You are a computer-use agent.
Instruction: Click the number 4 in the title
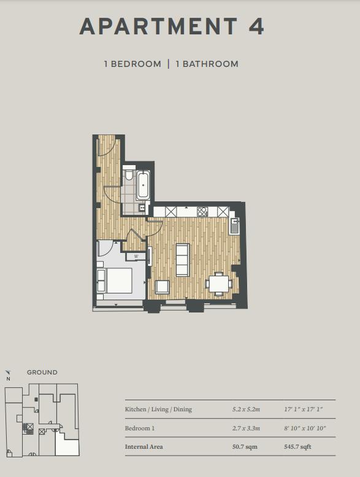click(x=256, y=26)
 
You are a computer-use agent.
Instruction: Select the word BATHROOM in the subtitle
click(x=210, y=64)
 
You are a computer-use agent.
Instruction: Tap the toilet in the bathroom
click(x=129, y=174)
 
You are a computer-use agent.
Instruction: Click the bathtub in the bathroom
click(x=143, y=185)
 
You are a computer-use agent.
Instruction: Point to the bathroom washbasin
click(x=142, y=207)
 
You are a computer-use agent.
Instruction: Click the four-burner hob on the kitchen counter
click(x=202, y=211)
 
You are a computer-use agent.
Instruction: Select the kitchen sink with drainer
click(x=234, y=226)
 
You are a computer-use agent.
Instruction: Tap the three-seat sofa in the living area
click(x=183, y=260)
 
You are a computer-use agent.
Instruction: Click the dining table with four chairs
click(x=219, y=284)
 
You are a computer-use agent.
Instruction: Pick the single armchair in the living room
click(x=163, y=287)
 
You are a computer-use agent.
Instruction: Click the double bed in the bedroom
click(x=114, y=281)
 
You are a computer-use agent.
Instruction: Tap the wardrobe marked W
click(x=136, y=257)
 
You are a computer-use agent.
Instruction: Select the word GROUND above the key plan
click(x=42, y=373)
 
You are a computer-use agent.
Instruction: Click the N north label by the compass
click(x=8, y=379)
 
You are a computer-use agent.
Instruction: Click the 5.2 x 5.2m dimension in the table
click(x=246, y=409)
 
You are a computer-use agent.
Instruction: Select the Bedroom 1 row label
click(x=140, y=428)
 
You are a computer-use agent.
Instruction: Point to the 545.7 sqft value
click(x=297, y=446)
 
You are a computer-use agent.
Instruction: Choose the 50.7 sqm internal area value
click(x=245, y=446)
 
